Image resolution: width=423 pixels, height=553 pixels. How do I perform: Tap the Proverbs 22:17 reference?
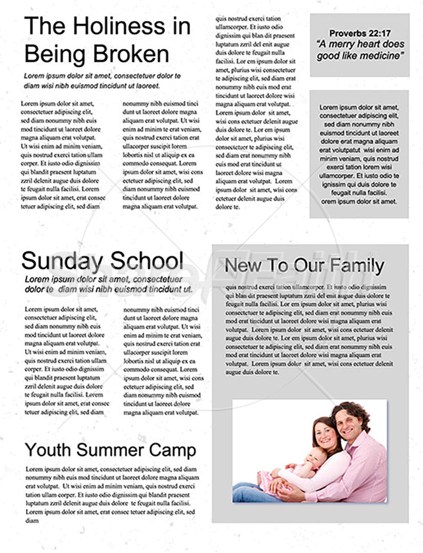point(359,33)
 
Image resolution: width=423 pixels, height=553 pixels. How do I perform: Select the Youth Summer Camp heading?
point(111,450)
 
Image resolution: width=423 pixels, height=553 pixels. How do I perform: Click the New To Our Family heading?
point(304,266)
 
